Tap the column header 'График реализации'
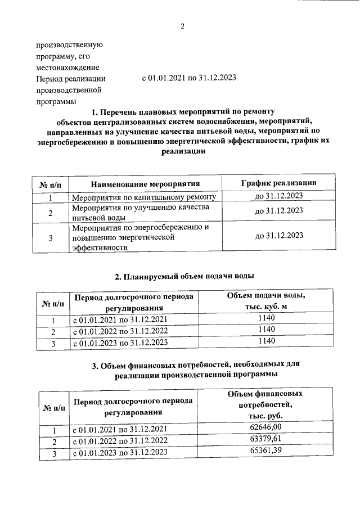pos(278,183)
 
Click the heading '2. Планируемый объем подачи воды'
pos(184,276)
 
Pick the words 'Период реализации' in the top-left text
pos(70,79)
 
